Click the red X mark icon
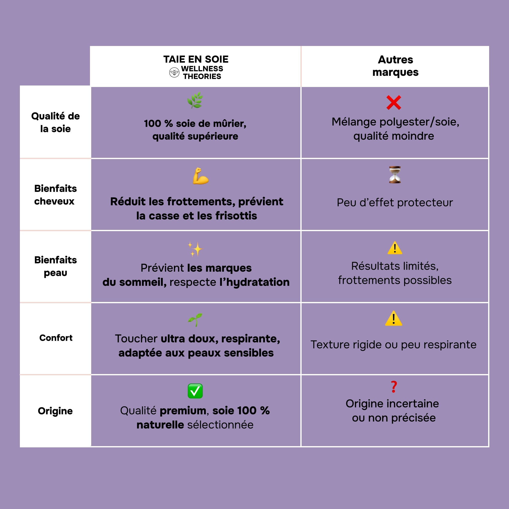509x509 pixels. (394, 102)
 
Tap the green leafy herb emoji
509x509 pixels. (195, 100)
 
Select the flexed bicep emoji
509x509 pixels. (200, 176)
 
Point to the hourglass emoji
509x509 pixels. (395, 174)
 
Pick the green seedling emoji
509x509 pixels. (195, 319)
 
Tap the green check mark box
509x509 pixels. (195, 391)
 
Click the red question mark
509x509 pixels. (394, 387)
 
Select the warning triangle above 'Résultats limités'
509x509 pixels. (395, 248)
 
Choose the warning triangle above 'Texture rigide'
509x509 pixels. (394, 318)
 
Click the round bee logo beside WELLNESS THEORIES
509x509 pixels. (174, 73)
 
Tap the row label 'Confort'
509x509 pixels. (56, 338)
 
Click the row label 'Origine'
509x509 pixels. (55, 411)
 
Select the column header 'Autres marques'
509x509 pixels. (395, 66)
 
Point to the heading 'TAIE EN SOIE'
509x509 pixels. (196, 59)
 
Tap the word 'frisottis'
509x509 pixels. (236, 216)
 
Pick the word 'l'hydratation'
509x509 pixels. (254, 282)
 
